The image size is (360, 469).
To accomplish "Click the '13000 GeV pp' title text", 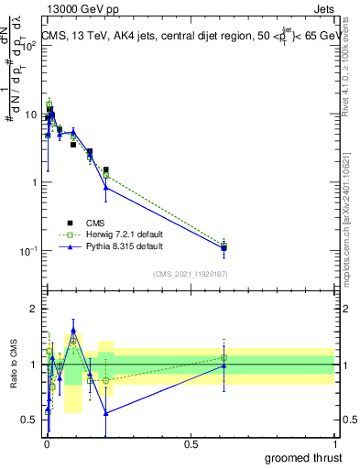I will coord(79,10).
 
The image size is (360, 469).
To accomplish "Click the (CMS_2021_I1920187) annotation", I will coord(191,274).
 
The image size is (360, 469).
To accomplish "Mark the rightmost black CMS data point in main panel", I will coord(224,247).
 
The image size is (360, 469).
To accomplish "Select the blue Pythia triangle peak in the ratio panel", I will coord(73,331).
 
